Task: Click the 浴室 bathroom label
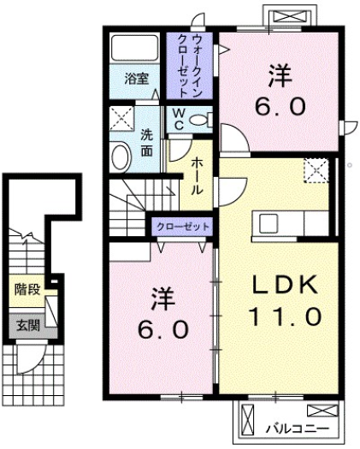click(137, 78)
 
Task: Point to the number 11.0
click(273, 316)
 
